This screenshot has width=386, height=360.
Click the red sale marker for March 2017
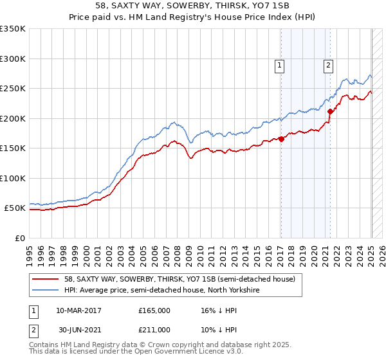coord(281,139)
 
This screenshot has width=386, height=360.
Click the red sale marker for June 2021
coord(330,111)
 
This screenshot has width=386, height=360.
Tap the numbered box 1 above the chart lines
coord(281,64)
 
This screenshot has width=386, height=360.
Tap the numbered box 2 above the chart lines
coord(328,64)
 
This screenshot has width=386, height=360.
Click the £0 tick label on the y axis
coord(19,238)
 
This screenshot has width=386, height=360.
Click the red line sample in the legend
coord(45,279)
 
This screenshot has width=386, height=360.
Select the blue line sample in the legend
coord(45,290)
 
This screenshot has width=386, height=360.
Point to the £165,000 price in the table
coord(154,310)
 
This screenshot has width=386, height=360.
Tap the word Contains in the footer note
coord(46,345)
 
